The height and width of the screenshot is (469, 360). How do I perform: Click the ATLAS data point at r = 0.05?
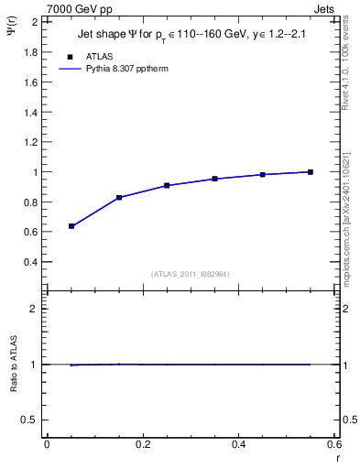(71, 225)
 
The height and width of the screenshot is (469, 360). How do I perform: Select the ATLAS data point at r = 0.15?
(119, 197)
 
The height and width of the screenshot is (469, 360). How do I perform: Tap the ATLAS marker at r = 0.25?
(167, 185)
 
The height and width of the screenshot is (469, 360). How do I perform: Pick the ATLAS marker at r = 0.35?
(214, 179)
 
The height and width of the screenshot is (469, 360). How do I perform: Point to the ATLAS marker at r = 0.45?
(262, 174)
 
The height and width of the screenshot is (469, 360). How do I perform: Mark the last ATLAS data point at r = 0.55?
(311, 171)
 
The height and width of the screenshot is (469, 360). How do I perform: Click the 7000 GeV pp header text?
(80, 9)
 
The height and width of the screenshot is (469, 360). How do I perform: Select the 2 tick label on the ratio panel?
(35, 309)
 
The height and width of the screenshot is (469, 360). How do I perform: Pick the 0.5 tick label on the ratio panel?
(31, 420)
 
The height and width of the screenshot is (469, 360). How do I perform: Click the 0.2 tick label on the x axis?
(142, 443)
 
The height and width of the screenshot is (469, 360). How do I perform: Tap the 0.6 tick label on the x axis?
(334, 443)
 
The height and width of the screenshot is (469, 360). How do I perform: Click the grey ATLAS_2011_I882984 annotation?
(190, 274)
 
